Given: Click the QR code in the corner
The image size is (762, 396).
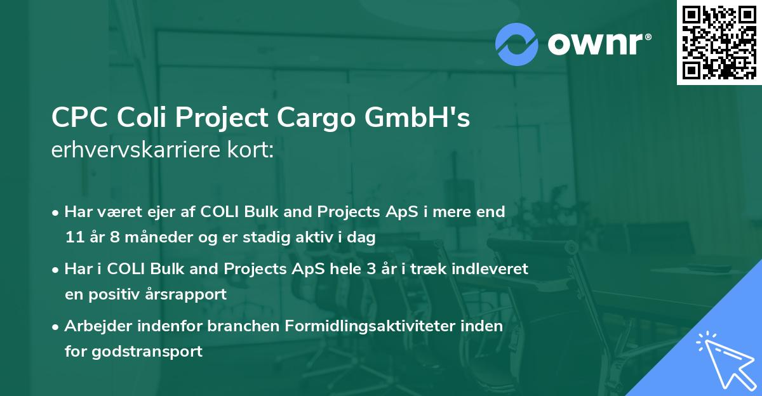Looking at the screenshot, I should [x=719, y=43].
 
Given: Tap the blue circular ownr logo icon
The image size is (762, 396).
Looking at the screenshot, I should [x=517, y=44].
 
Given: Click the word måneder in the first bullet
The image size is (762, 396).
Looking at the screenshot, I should [x=150, y=238].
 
